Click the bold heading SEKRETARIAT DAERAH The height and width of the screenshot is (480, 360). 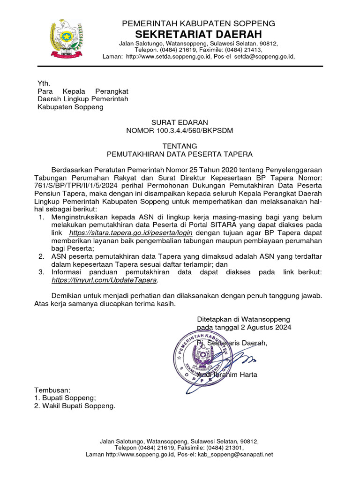[199, 34]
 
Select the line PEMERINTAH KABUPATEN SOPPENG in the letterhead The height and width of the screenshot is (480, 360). [199, 23]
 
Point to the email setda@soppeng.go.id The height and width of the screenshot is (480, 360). [264, 57]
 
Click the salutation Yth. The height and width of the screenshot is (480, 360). [44, 83]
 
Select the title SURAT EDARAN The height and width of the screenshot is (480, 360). [180, 122]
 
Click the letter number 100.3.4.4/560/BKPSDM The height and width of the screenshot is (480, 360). [197, 130]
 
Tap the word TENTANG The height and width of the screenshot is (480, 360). [180, 146]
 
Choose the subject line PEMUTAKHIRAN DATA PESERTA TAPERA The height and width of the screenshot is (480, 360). [180, 154]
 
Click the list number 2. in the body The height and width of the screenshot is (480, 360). [41, 256]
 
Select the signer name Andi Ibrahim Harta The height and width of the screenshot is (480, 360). [227, 375]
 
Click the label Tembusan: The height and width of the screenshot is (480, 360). [52, 390]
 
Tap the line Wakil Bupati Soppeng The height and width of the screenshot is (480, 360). [78, 406]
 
